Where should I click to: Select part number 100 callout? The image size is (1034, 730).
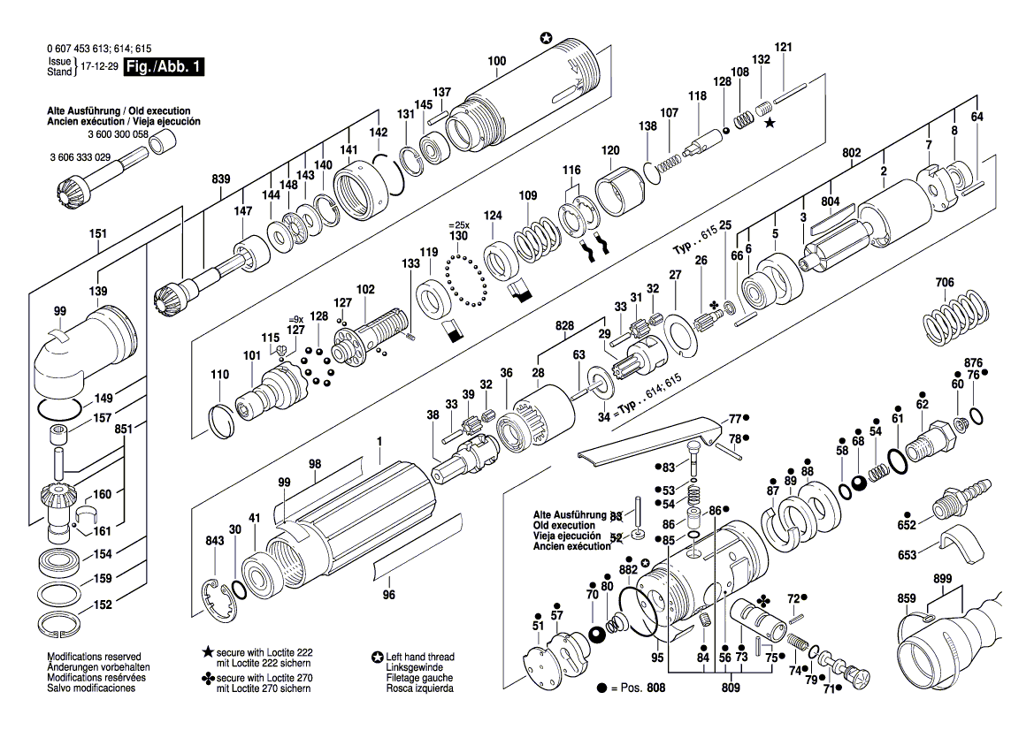pyautogui.click(x=496, y=61)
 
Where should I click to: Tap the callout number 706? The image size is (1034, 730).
pyautogui.click(x=945, y=283)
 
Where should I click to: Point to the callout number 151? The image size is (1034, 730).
pyautogui.click(x=98, y=234)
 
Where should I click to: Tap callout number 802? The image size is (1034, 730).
pyautogui.click(x=851, y=153)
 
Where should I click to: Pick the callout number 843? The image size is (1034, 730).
pyautogui.click(x=214, y=541)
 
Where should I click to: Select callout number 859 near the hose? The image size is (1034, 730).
pyautogui.click(x=907, y=598)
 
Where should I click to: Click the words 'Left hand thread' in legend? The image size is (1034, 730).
pyautogui.click(x=420, y=658)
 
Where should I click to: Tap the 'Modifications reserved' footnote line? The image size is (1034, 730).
pyautogui.click(x=94, y=658)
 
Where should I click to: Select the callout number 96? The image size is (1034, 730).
pyautogui.click(x=388, y=595)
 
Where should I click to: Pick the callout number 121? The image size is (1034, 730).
pyautogui.click(x=783, y=47)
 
